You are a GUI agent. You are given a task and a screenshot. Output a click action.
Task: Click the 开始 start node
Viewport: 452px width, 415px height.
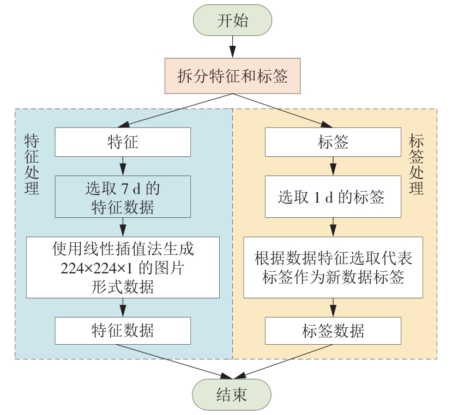coord(232,21)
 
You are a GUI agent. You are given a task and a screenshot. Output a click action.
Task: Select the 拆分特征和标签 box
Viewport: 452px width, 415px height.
coord(232,77)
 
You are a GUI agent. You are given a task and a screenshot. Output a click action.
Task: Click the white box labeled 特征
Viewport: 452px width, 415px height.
coord(123,142)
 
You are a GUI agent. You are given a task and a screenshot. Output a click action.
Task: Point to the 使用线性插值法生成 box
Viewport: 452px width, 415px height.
coord(123,267)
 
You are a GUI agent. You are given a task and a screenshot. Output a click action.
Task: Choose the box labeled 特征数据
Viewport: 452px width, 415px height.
coord(123,331)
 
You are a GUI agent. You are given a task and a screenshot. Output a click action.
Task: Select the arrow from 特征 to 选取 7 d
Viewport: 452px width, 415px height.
coord(123,165)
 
